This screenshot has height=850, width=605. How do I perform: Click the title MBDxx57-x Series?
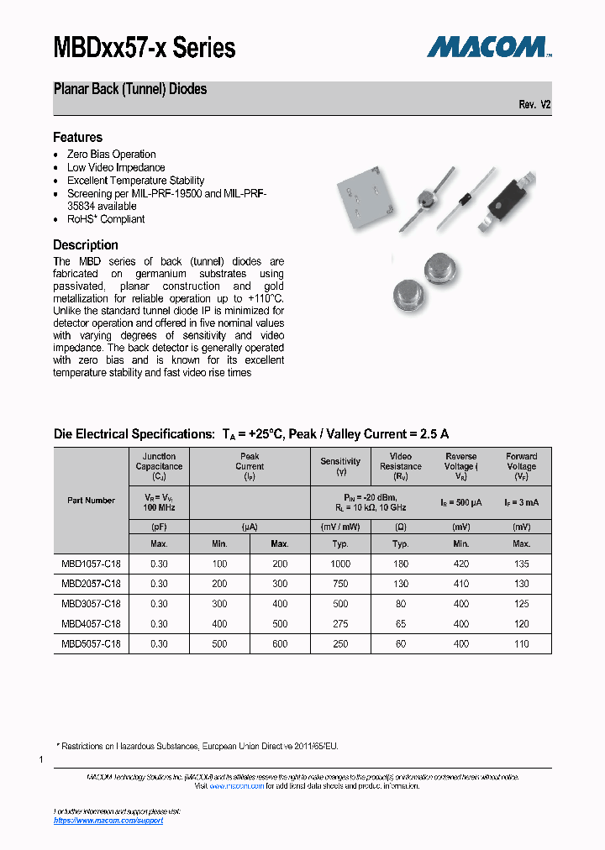coord(145,48)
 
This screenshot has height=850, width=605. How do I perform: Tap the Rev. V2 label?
coord(534,105)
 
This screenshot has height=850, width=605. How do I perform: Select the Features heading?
coord(77,137)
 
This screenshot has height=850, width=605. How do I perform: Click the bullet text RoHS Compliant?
coord(106,219)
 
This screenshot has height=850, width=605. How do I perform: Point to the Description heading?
coord(85,245)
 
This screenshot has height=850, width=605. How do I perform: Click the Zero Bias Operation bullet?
coord(111,155)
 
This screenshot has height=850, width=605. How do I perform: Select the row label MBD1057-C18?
coord(91,564)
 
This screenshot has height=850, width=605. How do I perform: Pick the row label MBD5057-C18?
coord(91,644)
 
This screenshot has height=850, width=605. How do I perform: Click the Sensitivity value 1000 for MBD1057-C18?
coord(340,564)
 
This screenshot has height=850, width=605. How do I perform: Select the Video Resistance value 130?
coord(400,584)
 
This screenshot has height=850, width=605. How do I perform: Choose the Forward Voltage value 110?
coord(521,644)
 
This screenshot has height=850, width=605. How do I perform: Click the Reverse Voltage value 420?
coord(460,564)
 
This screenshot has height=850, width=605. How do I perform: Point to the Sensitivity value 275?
coord(340,624)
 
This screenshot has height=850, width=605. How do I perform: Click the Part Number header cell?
coord(91,501)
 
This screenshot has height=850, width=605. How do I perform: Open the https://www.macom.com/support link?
coord(108,821)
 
